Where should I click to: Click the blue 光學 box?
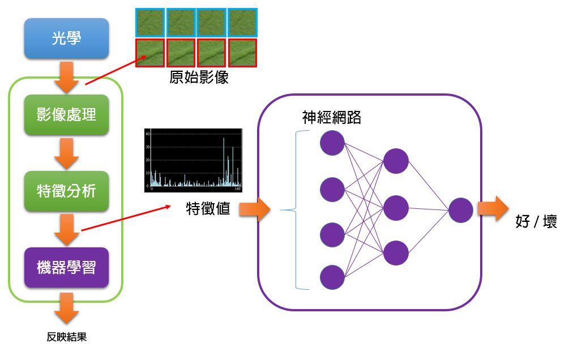(x=66, y=38)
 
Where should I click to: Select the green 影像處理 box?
(x=66, y=115)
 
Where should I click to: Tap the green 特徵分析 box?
(x=66, y=191)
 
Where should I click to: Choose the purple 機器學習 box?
(x=66, y=268)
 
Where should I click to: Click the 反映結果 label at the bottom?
(x=66, y=337)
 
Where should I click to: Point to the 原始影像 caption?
(x=199, y=77)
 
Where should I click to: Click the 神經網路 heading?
(x=331, y=117)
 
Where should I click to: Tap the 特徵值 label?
(x=208, y=208)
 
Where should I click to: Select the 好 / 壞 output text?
(x=536, y=221)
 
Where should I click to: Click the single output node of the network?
(x=461, y=210)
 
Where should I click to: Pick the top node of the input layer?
(x=332, y=143)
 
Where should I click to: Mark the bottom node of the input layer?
(x=332, y=277)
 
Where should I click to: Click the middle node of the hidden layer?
(x=396, y=208)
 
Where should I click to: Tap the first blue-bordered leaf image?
(x=150, y=23)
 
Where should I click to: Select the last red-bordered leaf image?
(x=242, y=53)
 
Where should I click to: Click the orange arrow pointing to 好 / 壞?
(x=493, y=208)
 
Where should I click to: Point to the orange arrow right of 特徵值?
(x=255, y=209)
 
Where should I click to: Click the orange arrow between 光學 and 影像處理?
(x=66, y=77)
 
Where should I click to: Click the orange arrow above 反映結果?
(x=66, y=308)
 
